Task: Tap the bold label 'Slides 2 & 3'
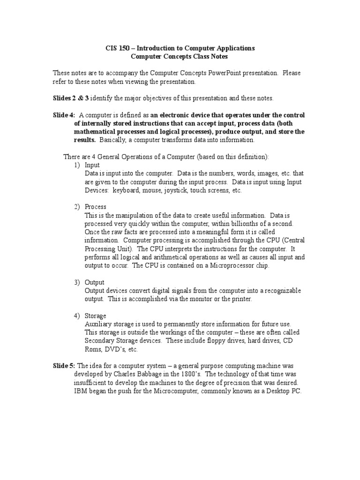click(70, 98)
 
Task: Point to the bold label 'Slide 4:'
click(63, 115)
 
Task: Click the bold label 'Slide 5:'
click(64, 366)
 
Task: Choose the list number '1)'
click(77, 165)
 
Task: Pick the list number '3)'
click(77, 282)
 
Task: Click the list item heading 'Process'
click(96, 207)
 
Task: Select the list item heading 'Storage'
click(96, 315)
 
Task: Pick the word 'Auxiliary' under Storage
click(98, 324)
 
